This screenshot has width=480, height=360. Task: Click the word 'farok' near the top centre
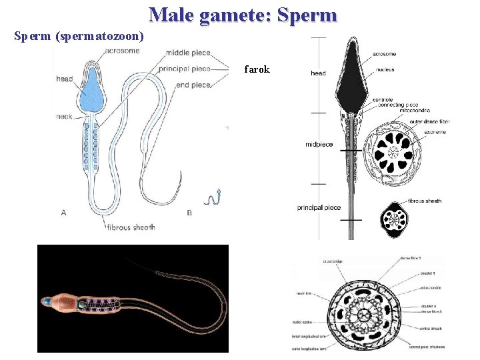[x=257, y=69]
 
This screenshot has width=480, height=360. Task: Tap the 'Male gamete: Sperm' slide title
[x=243, y=15]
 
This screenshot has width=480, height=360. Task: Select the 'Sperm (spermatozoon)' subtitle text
[x=78, y=34]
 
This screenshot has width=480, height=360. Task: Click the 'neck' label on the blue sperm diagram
[x=65, y=116]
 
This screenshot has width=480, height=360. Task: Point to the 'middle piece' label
[x=189, y=53]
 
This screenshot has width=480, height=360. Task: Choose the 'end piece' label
[x=194, y=85]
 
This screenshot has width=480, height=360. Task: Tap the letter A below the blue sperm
[x=64, y=213]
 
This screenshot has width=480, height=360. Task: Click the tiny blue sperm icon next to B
[x=214, y=197]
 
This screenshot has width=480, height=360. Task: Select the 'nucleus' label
[x=385, y=69]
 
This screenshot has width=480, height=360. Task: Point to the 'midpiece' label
[x=319, y=145]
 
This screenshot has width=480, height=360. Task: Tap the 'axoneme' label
[x=434, y=132]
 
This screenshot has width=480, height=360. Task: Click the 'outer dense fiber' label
[x=431, y=121]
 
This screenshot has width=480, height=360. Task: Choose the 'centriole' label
[x=382, y=100]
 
